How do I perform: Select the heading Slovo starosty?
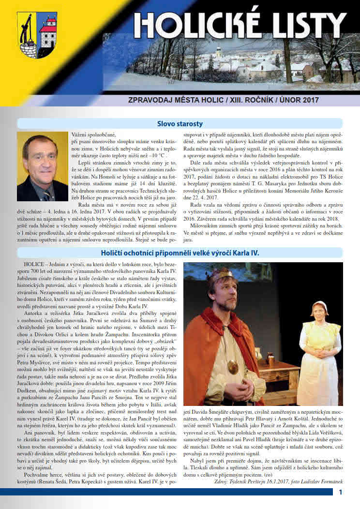pos(180,123)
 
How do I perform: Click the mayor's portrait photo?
pos(42,166)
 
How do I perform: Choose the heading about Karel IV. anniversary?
pos(180,253)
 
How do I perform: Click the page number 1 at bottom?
pos(341,493)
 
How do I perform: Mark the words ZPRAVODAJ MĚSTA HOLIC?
pos(171,103)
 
